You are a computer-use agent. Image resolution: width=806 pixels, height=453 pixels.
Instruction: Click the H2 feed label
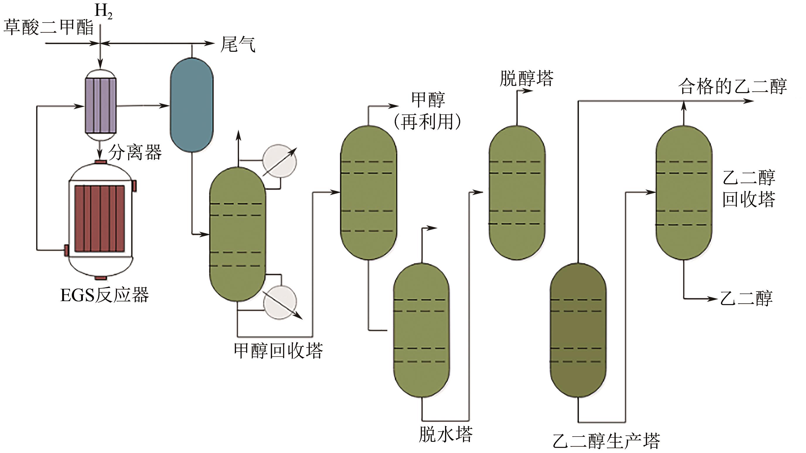pyautogui.click(x=103, y=12)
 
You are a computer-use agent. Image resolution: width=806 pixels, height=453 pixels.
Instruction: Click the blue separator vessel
pyautogui.click(x=192, y=105)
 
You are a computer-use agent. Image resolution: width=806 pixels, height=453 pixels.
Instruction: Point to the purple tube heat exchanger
pyautogui.click(x=101, y=106)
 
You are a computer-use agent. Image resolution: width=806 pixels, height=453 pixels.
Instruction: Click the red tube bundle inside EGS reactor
pyautogui.click(x=100, y=218)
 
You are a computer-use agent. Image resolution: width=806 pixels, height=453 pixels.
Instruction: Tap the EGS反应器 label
pyautogui.click(x=105, y=295)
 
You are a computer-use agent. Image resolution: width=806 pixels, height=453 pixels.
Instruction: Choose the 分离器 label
pyautogui.click(x=135, y=152)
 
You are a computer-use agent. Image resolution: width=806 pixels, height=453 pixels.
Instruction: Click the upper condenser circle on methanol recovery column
pyautogui.click(x=280, y=161)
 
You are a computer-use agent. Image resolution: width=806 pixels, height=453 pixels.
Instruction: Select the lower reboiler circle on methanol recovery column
pyautogui.click(x=280, y=302)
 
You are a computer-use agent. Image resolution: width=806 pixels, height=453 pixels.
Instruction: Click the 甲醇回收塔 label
pyautogui.click(x=278, y=351)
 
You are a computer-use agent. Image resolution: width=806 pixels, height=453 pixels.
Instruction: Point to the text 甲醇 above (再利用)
pyautogui.click(x=428, y=100)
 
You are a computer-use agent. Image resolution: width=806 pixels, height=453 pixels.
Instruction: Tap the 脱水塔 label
pyautogui.click(x=446, y=434)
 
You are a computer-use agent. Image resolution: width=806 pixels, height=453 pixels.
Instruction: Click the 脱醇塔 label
pyautogui.click(x=526, y=78)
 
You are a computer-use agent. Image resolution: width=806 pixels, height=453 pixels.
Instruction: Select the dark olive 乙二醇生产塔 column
pyautogui.click(x=578, y=330)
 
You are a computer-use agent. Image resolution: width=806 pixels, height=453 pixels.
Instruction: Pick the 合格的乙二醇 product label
pyautogui.click(x=732, y=86)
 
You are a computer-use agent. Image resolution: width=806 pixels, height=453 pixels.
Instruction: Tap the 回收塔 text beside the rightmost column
pyautogui.click(x=749, y=199)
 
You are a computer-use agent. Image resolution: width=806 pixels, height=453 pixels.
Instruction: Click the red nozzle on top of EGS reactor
pyautogui.click(x=101, y=162)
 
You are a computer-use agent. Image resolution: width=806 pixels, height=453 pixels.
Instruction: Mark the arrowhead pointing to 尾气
pyautogui.click(x=210, y=43)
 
